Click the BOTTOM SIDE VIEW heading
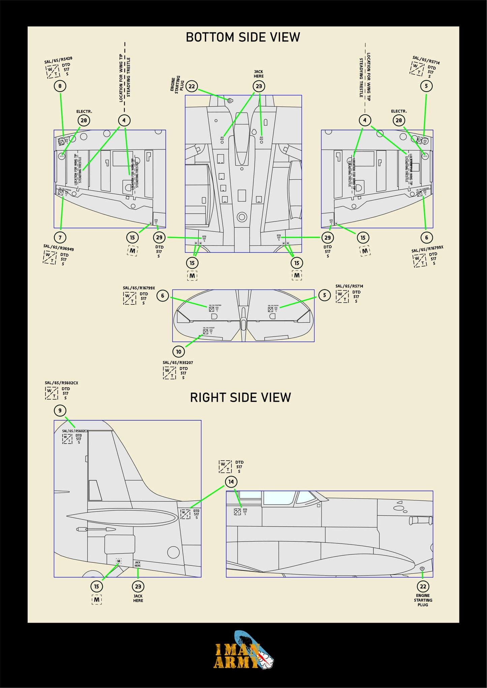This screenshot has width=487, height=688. pos(243,37)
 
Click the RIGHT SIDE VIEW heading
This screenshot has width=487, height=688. pos(240,397)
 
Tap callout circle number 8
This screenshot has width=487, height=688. pos(60,86)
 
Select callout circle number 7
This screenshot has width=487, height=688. pos(60,237)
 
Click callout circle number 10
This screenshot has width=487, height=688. pos(179,352)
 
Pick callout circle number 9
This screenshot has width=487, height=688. pos(60,411)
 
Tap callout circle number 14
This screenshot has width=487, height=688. pos(231,482)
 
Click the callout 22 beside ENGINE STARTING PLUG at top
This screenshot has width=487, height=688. pos(192,86)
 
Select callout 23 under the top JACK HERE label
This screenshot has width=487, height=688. pos(259,86)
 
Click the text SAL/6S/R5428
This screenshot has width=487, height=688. pos(58,60)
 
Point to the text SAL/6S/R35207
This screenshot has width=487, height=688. pos(178,363)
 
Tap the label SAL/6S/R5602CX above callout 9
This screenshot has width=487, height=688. pos(61,383)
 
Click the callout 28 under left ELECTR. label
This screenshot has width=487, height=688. pos(84,120)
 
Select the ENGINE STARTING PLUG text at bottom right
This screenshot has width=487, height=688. pos(423,600)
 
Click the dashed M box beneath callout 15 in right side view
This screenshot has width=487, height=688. pos(97,599)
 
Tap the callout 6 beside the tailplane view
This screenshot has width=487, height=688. pos(162,296)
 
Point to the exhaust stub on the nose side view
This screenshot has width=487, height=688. pos(420,520)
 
